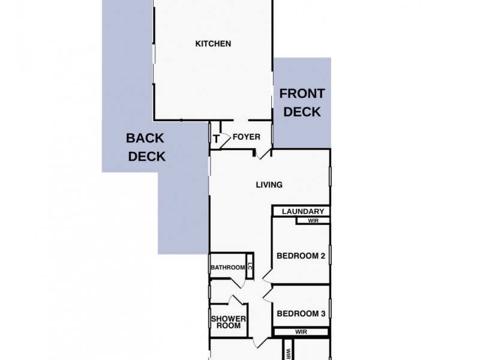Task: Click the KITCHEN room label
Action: [x=213, y=44]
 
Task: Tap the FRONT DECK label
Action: [x=302, y=103]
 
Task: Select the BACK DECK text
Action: [x=145, y=147]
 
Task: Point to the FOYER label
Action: [x=246, y=137]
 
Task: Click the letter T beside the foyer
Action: [x=216, y=139]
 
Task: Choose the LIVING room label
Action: [x=268, y=185]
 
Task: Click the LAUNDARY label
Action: [x=303, y=211]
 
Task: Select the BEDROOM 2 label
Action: [x=300, y=256]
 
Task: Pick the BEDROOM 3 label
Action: [x=300, y=313]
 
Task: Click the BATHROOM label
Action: [x=227, y=268]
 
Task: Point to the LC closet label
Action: [x=249, y=268]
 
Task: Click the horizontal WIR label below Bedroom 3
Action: [x=301, y=331]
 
